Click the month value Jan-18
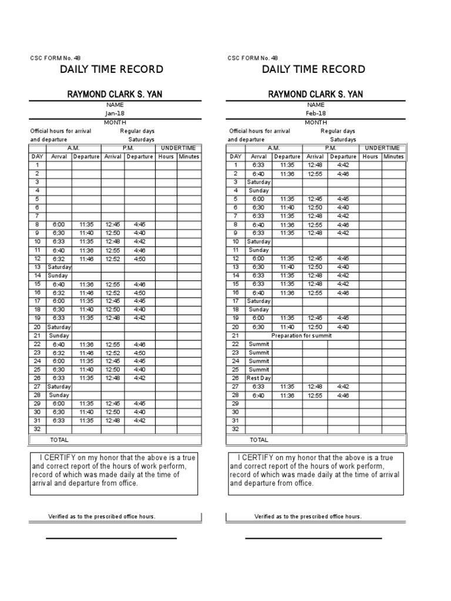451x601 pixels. [x=115, y=113]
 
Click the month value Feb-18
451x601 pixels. [x=315, y=113]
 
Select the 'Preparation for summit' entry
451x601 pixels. [x=301, y=336]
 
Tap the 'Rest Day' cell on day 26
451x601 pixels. [x=258, y=378]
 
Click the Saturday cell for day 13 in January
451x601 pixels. [x=59, y=267]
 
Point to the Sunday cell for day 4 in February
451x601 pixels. [x=258, y=191]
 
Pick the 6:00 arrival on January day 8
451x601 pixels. [x=58, y=224]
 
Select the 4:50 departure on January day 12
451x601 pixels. [x=140, y=258]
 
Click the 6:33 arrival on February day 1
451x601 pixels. [x=258, y=165]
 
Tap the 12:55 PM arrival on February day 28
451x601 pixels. [x=315, y=395]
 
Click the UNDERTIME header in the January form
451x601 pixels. [x=178, y=148]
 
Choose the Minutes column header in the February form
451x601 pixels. [x=393, y=157]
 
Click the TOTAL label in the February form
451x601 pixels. [x=259, y=440]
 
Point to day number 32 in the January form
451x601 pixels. [x=36, y=429]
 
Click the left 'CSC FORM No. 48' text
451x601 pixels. [x=55, y=58]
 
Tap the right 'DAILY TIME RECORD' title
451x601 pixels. [x=313, y=70]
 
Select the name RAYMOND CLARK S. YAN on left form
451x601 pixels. [x=115, y=94]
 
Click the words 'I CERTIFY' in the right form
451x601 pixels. [x=255, y=458]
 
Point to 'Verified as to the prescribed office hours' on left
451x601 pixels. [x=102, y=516]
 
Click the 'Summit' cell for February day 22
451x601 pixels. [x=258, y=344]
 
